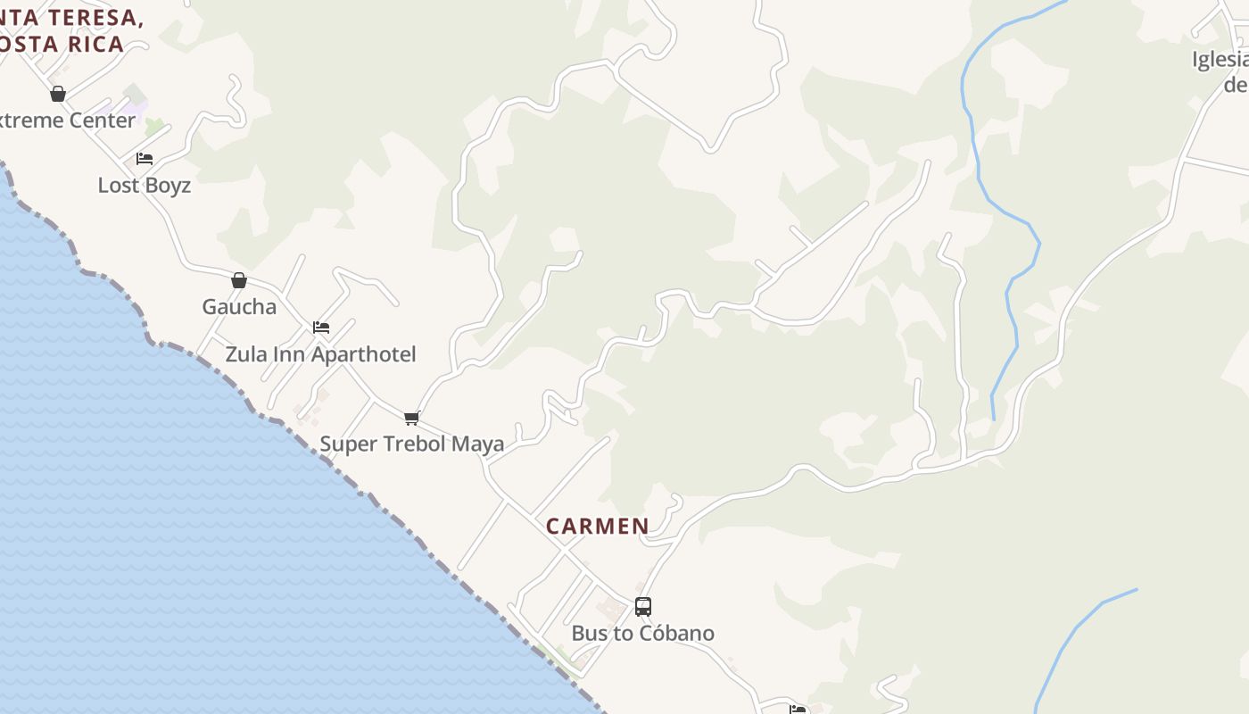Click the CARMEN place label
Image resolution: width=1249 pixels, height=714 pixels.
(x=597, y=527)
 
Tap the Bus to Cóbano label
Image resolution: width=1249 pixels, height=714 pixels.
(x=642, y=634)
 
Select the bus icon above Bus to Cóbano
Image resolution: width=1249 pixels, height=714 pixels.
(x=642, y=607)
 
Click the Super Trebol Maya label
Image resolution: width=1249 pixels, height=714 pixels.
(x=411, y=444)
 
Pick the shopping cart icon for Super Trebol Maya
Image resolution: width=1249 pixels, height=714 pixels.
(x=411, y=418)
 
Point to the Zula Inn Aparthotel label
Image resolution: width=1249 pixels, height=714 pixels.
(x=320, y=354)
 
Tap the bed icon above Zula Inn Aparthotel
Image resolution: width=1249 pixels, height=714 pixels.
(x=321, y=328)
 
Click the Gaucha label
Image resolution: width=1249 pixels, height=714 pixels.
(x=239, y=307)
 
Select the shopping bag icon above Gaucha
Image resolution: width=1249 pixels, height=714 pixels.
(x=238, y=280)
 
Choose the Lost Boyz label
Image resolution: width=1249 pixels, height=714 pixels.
(x=144, y=186)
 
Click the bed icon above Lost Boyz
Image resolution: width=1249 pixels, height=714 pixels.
(x=145, y=159)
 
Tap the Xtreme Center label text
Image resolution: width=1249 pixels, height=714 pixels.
(x=67, y=120)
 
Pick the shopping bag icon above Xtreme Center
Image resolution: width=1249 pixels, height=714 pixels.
(x=58, y=94)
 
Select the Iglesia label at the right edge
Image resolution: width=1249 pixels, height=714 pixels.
(x=1220, y=60)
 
